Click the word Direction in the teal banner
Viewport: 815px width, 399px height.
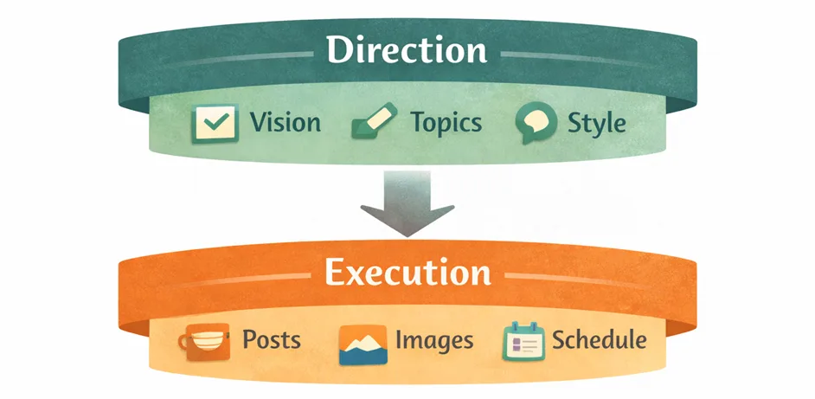[x=407, y=50]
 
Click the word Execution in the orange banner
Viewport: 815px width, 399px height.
[x=407, y=272]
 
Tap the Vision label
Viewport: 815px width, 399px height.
[x=286, y=122]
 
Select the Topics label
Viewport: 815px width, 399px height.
[x=446, y=122]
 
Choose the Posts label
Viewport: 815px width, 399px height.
[x=272, y=338]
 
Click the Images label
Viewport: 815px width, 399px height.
[x=434, y=340]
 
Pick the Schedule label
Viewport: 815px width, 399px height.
[x=599, y=339]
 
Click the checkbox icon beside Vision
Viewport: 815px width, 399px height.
[x=214, y=123]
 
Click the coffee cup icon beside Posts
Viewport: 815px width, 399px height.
[x=205, y=340]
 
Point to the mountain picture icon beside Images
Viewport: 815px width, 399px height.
[x=362, y=343]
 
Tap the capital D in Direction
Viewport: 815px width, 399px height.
[x=341, y=50]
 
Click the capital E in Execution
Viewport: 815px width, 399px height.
[x=334, y=272]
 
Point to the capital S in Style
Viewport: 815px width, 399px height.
[x=574, y=122]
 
